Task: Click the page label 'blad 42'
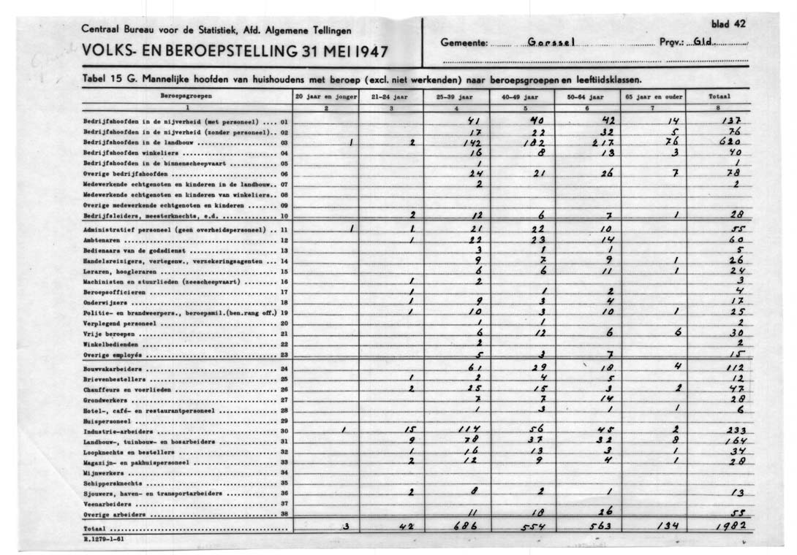click(x=728, y=23)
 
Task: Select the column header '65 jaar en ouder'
click(x=653, y=96)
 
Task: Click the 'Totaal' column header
click(x=719, y=96)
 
